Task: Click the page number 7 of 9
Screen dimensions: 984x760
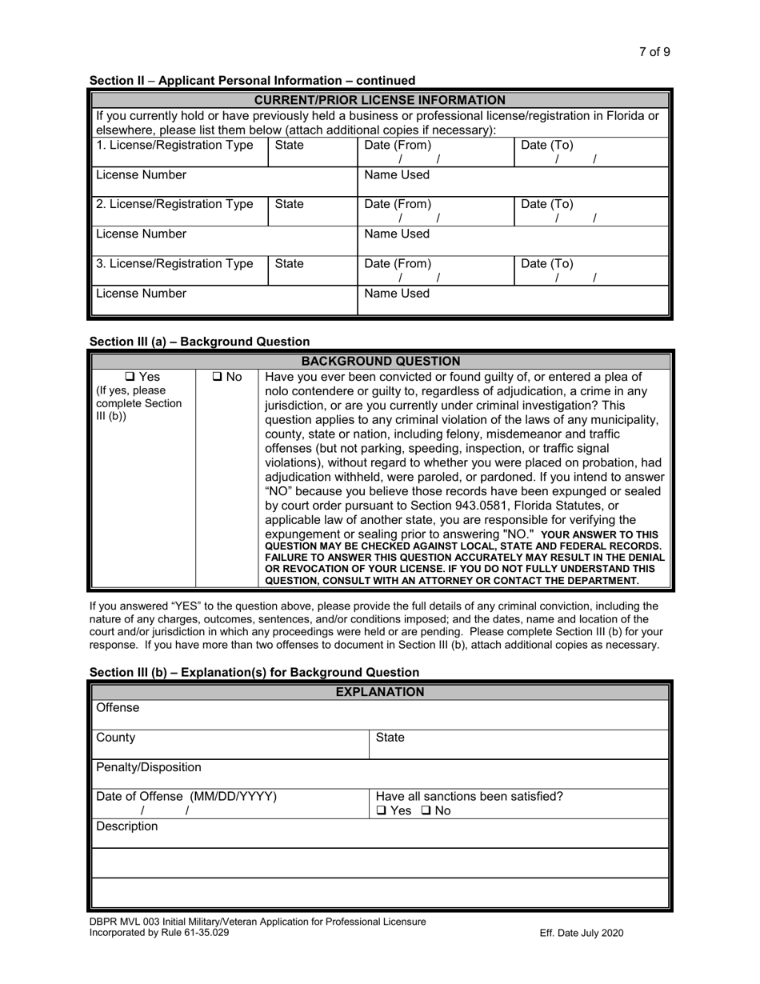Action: (654, 52)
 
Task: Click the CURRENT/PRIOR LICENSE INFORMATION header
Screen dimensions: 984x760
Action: (379, 100)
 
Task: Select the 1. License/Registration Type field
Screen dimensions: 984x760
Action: (179, 152)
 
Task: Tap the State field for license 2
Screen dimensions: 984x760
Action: (312, 211)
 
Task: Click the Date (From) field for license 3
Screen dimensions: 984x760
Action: (434, 270)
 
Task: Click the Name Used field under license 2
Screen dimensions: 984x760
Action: (512, 241)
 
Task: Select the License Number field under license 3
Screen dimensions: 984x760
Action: (224, 300)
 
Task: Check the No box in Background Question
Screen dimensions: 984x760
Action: (218, 377)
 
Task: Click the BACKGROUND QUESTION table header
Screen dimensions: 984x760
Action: (380, 361)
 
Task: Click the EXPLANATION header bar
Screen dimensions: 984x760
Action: (379, 692)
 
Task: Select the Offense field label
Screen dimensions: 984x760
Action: (118, 708)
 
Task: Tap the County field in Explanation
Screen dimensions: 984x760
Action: (230, 744)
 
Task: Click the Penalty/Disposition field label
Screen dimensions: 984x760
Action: (149, 767)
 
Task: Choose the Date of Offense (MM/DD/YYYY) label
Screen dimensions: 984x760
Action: (186, 797)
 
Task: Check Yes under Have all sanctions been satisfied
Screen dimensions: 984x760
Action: (382, 811)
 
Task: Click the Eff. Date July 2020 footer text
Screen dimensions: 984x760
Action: (582, 933)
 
